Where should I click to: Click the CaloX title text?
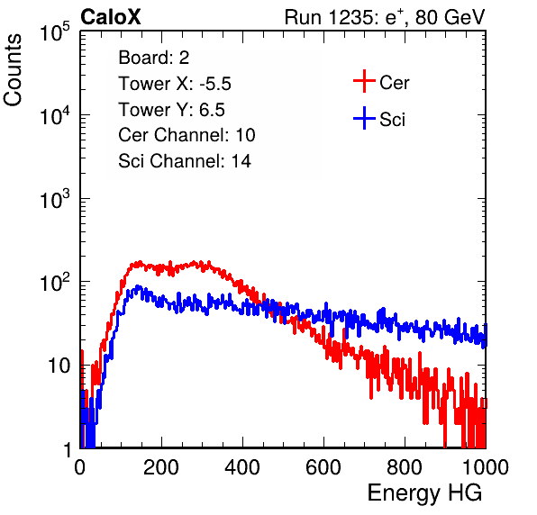click(x=111, y=17)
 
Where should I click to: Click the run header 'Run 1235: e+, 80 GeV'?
click(x=385, y=17)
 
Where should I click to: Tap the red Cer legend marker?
click(x=364, y=81)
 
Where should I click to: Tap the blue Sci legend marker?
click(x=364, y=118)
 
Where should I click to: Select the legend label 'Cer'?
click(x=394, y=83)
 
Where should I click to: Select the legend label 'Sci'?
click(x=392, y=120)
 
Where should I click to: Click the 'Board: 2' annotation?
click(x=153, y=58)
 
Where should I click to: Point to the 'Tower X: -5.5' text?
click(x=175, y=84)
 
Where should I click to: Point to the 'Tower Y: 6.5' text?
click(x=171, y=110)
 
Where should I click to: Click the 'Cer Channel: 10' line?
click(x=187, y=135)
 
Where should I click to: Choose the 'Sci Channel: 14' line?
click(x=185, y=161)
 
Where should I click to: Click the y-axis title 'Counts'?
click(x=13, y=70)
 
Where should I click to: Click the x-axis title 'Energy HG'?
click(x=424, y=493)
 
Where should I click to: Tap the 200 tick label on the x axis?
click(x=161, y=467)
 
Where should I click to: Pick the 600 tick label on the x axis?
click(x=323, y=467)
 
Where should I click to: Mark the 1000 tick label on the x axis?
click(x=486, y=467)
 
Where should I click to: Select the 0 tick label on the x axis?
click(x=80, y=467)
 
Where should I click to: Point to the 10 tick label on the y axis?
click(x=59, y=366)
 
